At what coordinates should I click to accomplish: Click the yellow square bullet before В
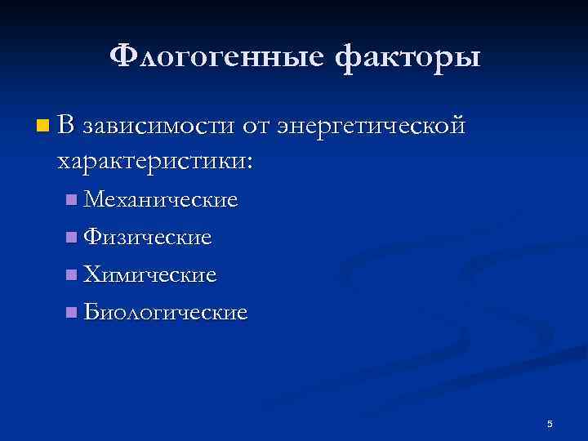[x=42, y=126]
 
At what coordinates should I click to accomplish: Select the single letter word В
[x=66, y=126]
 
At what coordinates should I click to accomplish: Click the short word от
[x=256, y=127]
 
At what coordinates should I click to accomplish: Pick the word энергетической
[x=372, y=127]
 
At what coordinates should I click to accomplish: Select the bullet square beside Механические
[x=73, y=199]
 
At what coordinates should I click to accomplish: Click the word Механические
[x=161, y=199]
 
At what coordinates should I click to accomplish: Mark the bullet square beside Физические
[x=73, y=238]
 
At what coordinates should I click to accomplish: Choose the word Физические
[x=148, y=238]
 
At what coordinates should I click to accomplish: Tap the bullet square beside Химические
[x=73, y=275]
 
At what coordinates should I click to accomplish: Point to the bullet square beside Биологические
[x=73, y=313]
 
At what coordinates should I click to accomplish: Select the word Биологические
[x=165, y=313]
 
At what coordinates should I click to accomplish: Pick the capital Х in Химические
[x=91, y=275]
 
